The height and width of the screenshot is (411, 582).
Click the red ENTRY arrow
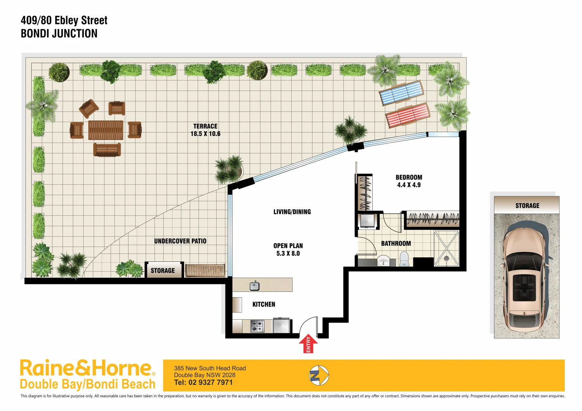click(x=308, y=344)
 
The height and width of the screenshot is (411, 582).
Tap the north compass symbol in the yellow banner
click(x=319, y=376)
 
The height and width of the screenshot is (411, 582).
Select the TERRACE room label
click(x=205, y=126)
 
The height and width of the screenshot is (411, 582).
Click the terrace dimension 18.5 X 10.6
click(x=205, y=134)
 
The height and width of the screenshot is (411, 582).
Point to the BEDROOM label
click(x=409, y=177)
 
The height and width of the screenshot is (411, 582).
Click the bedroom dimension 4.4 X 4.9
click(x=409, y=185)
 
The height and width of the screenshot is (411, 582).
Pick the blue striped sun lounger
click(x=401, y=92)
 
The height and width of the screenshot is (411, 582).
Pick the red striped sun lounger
click(x=407, y=115)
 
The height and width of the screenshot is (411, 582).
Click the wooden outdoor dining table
click(x=106, y=130)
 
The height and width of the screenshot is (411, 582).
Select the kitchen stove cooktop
click(x=257, y=326)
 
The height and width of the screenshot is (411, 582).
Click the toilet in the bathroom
click(x=404, y=260)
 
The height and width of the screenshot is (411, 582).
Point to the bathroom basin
click(x=383, y=261)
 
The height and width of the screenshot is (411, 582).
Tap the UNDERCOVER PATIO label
click(x=180, y=241)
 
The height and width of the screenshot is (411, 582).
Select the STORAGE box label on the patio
click(x=163, y=271)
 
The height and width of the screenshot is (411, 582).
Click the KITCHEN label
click(x=263, y=304)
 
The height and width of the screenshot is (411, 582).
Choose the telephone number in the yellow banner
click(x=203, y=382)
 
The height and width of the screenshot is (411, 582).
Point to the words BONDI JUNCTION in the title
click(x=59, y=33)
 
